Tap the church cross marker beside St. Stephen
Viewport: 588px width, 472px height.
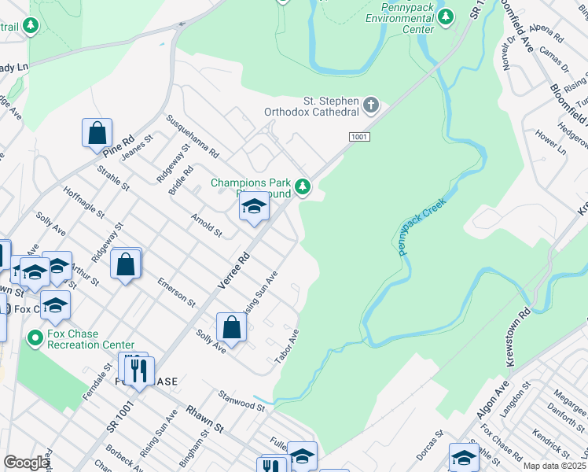(371, 104)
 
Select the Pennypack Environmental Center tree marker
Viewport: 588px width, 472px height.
(446, 17)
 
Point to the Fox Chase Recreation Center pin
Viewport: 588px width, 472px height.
(35, 339)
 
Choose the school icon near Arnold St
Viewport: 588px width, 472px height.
(254, 207)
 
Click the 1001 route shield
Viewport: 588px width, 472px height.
(359, 138)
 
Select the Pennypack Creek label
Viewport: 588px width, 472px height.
(421, 226)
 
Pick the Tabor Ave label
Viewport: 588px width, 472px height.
(287, 347)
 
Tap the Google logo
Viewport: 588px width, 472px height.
(26, 463)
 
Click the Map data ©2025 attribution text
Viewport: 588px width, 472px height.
(554, 466)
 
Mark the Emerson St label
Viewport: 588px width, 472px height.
(176, 291)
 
